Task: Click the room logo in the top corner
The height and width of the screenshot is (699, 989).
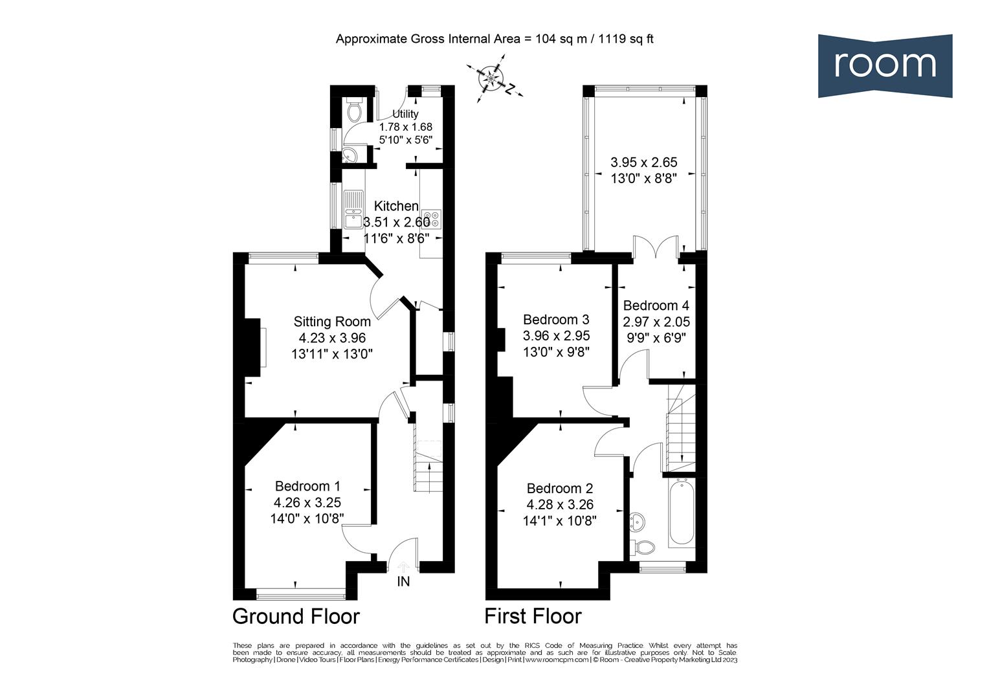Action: click(x=885, y=65)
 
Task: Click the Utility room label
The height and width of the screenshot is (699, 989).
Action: click(x=405, y=114)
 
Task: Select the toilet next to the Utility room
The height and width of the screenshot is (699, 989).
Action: click(x=353, y=111)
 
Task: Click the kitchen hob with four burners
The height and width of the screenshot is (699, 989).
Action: click(x=430, y=219)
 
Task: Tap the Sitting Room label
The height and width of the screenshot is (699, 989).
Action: click(x=332, y=322)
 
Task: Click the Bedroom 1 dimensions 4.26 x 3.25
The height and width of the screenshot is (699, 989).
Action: click(x=307, y=502)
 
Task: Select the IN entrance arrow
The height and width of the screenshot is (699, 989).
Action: click(x=403, y=570)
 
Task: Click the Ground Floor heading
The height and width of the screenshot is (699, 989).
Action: click(x=296, y=616)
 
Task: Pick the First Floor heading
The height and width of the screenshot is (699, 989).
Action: click(x=533, y=616)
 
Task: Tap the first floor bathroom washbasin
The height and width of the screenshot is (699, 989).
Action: click(x=637, y=521)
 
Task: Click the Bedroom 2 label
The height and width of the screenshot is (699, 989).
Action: click(x=560, y=489)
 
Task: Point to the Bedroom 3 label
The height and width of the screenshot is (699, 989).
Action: click(x=556, y=320)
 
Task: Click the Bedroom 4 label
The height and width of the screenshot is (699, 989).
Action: click(x=656, y=305)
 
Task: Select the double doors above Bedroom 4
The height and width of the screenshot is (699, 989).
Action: click(x=656, y=250)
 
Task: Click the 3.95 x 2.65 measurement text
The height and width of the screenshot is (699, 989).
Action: click(x=643, y=162)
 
